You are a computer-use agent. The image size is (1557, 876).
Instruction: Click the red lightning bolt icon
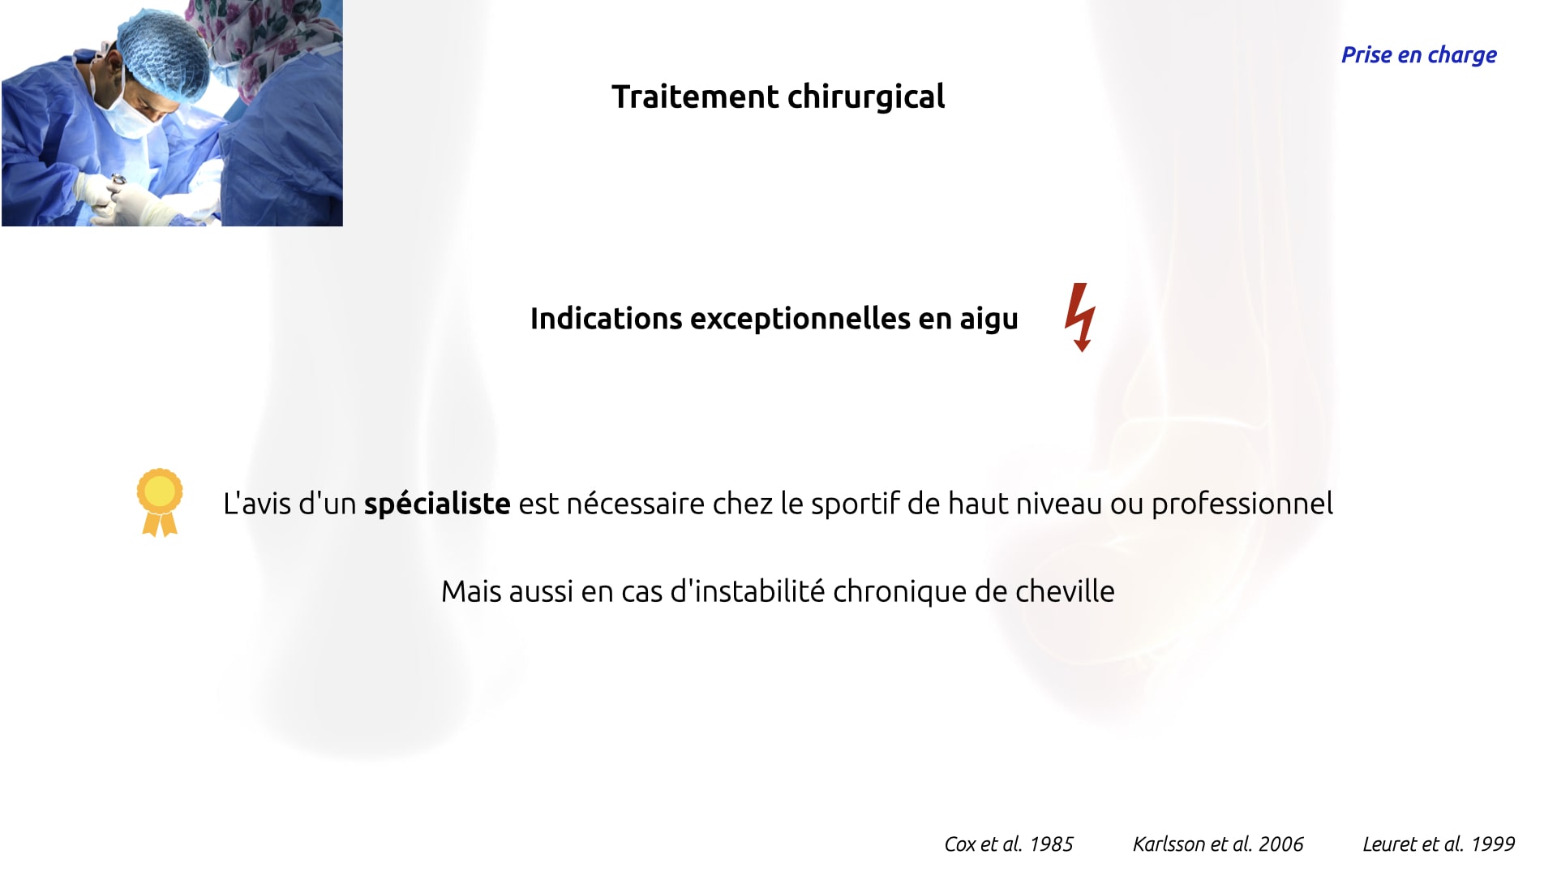pos(1080,317)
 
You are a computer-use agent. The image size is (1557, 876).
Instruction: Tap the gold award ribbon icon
pos(160,502)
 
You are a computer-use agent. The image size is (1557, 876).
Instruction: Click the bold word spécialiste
pos(437,504)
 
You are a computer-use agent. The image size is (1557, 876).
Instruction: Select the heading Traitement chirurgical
pos(778,97)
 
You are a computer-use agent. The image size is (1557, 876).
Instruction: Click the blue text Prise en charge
pos(1419,55)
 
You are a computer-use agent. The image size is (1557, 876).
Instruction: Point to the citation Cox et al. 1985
pos(1009,844)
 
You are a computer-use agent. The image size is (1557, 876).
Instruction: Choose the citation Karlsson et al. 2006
pos(1218,844)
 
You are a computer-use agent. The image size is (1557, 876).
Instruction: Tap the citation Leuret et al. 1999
pos(1439,844)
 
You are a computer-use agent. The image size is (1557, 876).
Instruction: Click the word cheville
pos(1066,591)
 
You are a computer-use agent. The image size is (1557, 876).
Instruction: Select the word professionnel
pos(1242,504)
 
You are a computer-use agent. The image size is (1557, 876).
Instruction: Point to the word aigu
pos(989,320)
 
